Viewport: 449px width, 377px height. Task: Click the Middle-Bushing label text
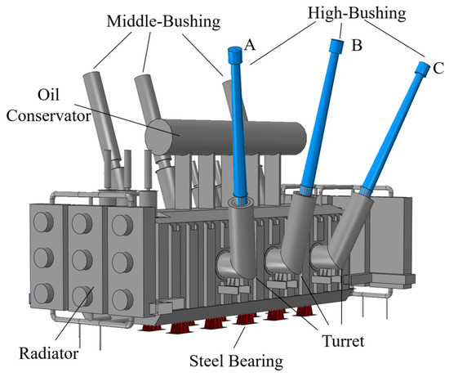[163, 21]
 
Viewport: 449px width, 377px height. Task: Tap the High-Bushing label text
[357, 13]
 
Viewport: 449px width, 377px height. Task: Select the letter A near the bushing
[250, 45]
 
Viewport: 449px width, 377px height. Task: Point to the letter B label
[357, 45]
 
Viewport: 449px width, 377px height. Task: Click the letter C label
[438, 68]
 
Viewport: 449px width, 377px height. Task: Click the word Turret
[343, 341]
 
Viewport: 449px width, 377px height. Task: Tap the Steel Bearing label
[236, 361]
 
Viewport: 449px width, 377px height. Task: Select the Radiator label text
[48, 353]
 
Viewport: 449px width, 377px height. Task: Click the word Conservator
[48, 116]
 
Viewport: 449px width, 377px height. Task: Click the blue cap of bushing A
[235, 56]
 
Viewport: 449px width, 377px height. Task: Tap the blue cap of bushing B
[336, 46]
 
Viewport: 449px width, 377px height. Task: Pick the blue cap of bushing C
[423, 70]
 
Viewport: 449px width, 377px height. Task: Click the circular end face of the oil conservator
[159, 137]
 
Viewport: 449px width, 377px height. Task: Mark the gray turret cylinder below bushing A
[242, 239]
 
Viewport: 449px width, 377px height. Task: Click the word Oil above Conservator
[49, 94]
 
